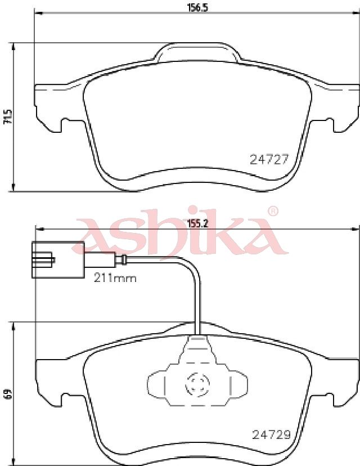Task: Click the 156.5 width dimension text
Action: coord(197,7)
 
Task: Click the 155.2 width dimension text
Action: coord(197,223)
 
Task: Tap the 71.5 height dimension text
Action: coord(8,117)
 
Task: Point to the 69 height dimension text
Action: coord(8,393)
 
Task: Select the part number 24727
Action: coord(269,160)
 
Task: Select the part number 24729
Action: coord(271,435)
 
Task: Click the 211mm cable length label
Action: coord(115,278)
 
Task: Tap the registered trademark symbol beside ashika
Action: coord(273,211)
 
